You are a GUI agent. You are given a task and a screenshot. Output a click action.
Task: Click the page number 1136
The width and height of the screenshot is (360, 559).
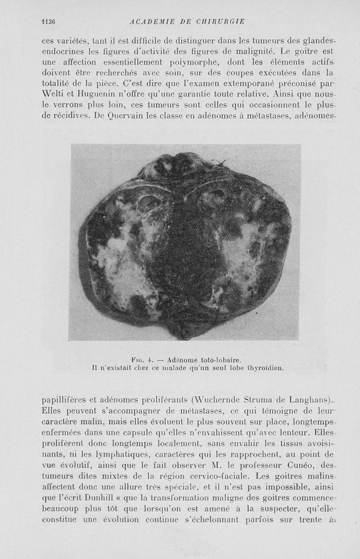tap(47, 21)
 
